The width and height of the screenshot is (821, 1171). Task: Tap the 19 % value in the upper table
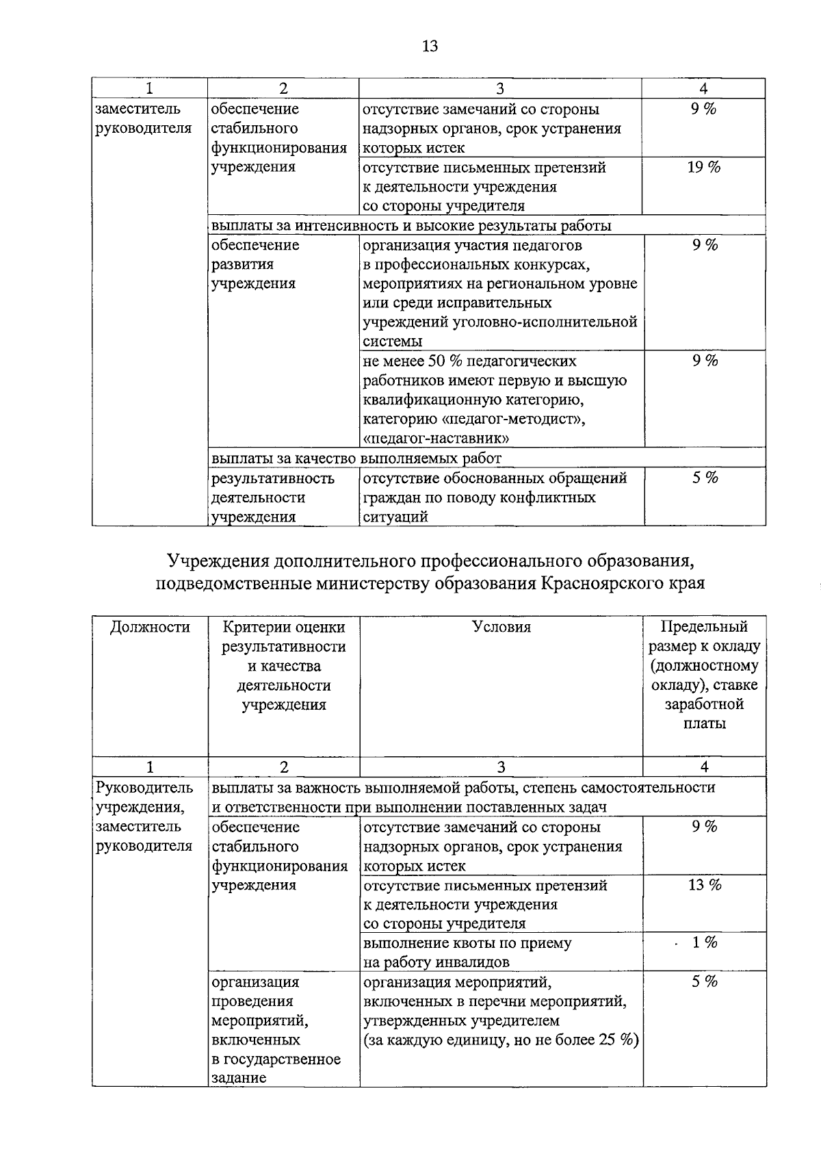click(x=703, y=167)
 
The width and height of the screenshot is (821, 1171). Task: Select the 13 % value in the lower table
click(x=704, y=885)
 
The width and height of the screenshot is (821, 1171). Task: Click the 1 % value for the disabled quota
click(x=704, y=942)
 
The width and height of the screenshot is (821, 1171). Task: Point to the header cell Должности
click(x=150, y=627)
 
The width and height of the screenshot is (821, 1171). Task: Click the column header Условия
click(x=501, y=627)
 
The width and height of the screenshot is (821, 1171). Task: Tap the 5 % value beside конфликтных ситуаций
click(x=704, y=478)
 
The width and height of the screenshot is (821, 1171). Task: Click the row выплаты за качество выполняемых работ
click(x=356, y=458)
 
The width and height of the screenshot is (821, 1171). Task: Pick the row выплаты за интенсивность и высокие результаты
click(x=410, y=226)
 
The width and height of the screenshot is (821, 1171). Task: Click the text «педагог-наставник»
click(x=434, y=438)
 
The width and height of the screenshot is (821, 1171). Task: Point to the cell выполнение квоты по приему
click(x=467, y=943)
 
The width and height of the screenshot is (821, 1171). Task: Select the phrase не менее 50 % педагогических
click(x=469, y=361)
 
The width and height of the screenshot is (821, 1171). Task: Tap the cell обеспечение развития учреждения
click(x=255, y=264)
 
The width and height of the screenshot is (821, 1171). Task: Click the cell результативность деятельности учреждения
click(x=272, y=498)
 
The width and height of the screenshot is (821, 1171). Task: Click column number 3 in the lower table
click(x=501, y=767)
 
